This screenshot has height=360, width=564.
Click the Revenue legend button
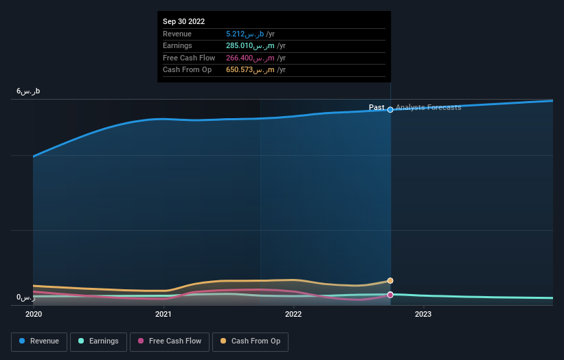click(x=39, y=341)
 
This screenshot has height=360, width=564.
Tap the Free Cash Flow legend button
click(x=169, y=341)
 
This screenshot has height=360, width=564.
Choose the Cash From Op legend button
click(x=250, y=341)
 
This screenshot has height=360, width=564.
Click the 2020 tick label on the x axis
click(x=34, y=315)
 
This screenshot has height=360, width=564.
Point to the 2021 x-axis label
click(x=163, y=315)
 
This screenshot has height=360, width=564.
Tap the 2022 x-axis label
click(x=293, y=315)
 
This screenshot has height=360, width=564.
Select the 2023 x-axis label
click(x=423, y=315)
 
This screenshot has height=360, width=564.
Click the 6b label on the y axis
click(x=29, y=91)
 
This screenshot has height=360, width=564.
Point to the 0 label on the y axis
click(x=26, y=297)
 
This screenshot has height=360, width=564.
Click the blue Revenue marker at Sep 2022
click(x=390, y=109)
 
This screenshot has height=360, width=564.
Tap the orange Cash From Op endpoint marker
click(x=390, y=280)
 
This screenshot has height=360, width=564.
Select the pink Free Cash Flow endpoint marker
click(x=390, y=295)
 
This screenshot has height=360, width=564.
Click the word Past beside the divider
click(x=376, y=108)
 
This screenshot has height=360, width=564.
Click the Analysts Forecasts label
click(x=429, y=108)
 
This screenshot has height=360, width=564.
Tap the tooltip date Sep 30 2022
click(x=184, y=22)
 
